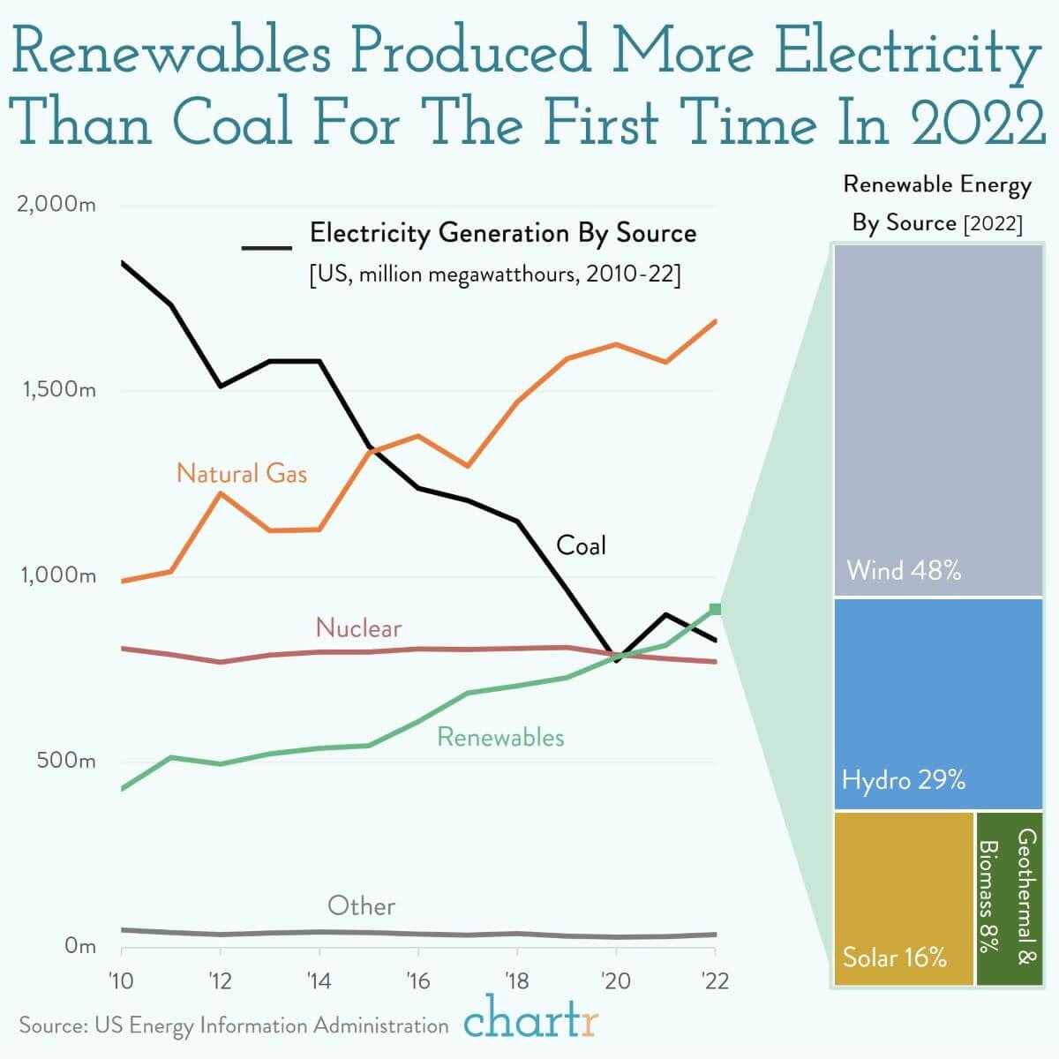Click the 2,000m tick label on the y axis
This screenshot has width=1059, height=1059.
(56, 205)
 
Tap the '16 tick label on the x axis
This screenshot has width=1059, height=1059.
(417, 980)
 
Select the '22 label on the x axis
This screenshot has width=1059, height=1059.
(714, 980)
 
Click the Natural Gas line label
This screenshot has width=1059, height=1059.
(242, 474)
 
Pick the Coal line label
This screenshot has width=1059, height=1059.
(581, 545)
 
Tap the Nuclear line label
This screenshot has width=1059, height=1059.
(358, 628)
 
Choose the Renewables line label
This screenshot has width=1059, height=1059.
(500, 737)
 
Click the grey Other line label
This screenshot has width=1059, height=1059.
(361, 905)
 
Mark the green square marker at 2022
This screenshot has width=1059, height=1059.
(715, 609)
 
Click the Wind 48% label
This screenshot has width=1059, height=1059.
(904, 570)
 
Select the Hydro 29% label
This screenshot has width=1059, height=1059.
(904, 780)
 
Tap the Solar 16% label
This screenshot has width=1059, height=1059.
(895, 958)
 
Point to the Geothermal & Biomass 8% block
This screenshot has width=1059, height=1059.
(1009, 897)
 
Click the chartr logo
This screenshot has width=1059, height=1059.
(531, 1021)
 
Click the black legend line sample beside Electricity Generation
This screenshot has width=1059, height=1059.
(267, 247)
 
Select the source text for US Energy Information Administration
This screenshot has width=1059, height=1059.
(234, 1025)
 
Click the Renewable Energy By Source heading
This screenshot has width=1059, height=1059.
(937, 203)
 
